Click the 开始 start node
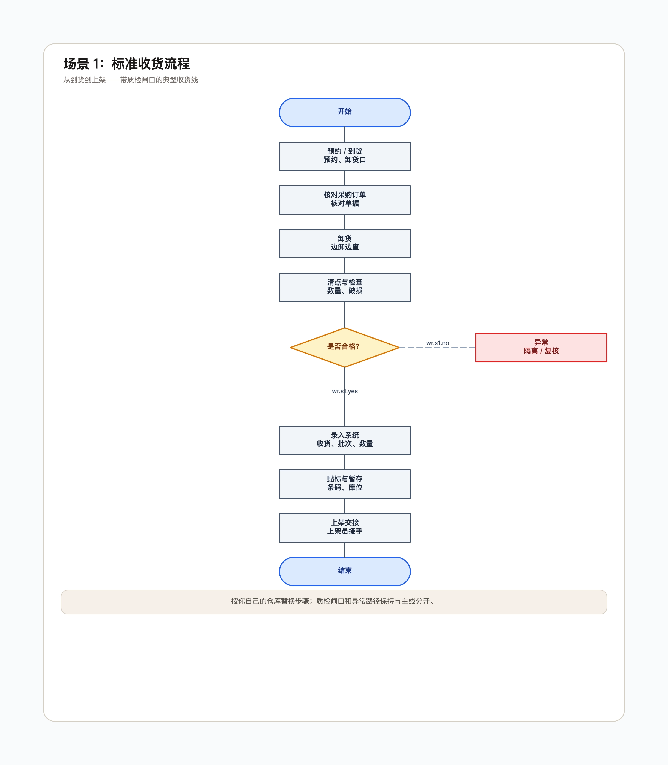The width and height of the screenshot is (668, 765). click(345, 112)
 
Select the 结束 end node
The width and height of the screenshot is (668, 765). click(345, 571)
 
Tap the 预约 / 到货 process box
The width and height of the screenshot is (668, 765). click(345, 156)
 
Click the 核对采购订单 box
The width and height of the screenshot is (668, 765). click(345, 200)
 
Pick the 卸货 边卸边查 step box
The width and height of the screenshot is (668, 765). click(345, 243)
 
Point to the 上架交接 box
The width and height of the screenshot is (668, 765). click(345, 528)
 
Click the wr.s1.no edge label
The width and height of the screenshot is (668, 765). click(438, 343)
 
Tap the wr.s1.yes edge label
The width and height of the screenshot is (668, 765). click(345, 391)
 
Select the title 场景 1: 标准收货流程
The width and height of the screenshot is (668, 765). click(126, 64)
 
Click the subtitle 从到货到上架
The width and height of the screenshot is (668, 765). click(130, 80)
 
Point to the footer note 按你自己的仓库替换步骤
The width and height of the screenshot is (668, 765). click(334, 601)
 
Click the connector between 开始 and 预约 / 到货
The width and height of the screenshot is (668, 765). click(345, 134)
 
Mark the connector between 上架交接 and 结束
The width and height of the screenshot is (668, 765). click(345, 550)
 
